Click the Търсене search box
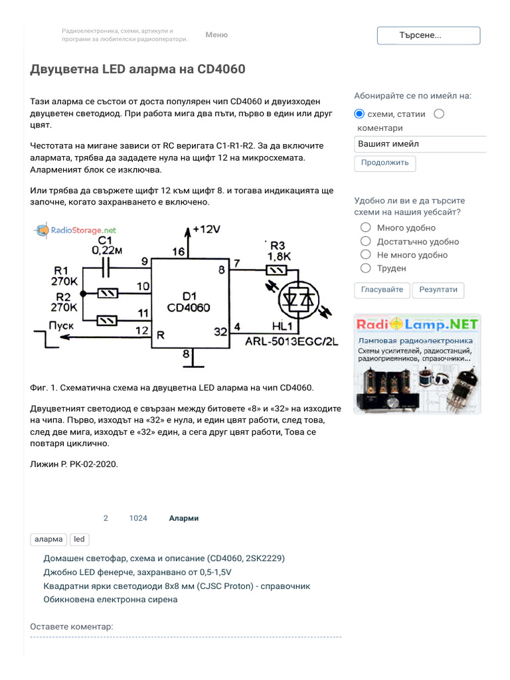click(428, 36)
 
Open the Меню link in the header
click(216, 35)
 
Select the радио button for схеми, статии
click(360, 114)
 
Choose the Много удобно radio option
click(365, 228)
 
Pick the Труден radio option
click(365, 268)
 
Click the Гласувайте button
click(382, 290)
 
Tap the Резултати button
click(438, 290)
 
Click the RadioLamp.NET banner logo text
click(418, 325)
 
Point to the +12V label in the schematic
click(206, 230)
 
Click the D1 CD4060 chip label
click(189, 302)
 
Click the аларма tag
click(48, 539)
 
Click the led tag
click(79, 539)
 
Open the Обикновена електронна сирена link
click(110, 599)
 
